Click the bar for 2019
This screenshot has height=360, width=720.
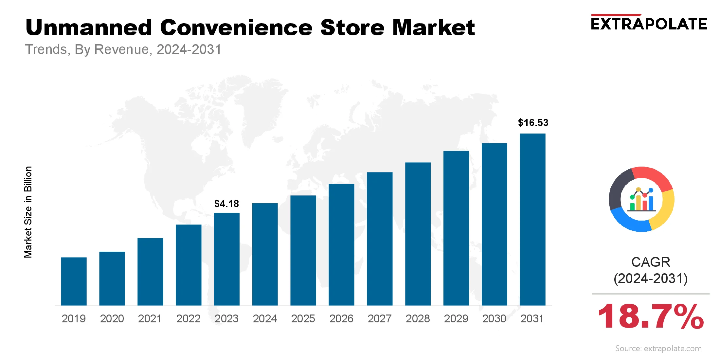pyautogui.click(x=74, y=281)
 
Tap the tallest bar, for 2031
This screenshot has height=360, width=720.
pyautogui.click(x=532, y=219)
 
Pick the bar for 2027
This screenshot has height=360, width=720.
pyautogui.click(x=380, y=239)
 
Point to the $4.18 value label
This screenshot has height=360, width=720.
pyautogui.click(x=226, y=204)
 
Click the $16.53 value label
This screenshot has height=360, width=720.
pyautogui.click(x=533, y=123)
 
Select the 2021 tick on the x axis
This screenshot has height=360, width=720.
pyautogui.click(x=150, y=318)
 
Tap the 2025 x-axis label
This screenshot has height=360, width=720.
pyautogui.click(x=303, y=318)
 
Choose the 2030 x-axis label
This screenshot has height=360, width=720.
pyautogui.click(x=494, y=318)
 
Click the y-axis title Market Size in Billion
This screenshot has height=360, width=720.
pyautogui.click(x=28, y=212)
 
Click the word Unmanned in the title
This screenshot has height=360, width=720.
pyautogui.click(x=89, y=27)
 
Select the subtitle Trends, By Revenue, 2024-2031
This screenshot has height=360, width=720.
pyautogui.click(x=123, y=49)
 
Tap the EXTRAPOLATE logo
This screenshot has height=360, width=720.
pyautogui.click(x=649, y=24)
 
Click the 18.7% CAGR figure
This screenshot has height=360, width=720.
pyautogui.click(x=651, y=316)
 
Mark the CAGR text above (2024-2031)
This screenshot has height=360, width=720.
pyautogui.click(x=651, y=262)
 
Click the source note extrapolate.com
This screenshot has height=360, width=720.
pyautogui.click(x=658, y=349)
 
